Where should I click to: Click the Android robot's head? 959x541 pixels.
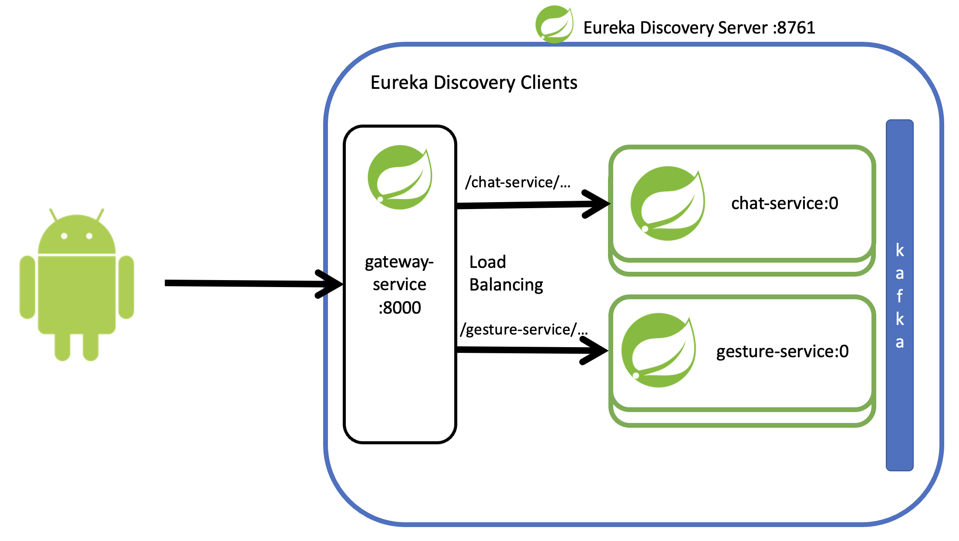click(x=77, y=235)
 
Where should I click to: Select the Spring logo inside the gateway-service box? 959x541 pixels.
click(x=400, y=177)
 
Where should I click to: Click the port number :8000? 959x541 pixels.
click(x=399, y=308)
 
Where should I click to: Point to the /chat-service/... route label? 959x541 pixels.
click(x=517, y=182)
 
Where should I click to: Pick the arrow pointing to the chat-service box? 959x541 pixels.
click(x=531, y=205)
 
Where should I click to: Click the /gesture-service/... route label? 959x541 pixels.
click(x=523, y=329)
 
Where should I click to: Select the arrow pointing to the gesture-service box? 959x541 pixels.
click(x=531, y=350)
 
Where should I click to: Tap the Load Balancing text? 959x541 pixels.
click(x=506, y=273)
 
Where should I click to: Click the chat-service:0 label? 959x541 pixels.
click(x=784, y=203)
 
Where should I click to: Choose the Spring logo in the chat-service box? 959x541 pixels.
click(x=667, y=203)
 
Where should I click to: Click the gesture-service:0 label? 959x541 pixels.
click(x=782, y=351)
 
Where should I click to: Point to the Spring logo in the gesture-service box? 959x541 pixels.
click(x=658, y=350)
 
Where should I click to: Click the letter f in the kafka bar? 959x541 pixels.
click(x=899, y=296)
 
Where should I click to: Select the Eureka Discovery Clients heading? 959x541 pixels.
click(x=473, y=82)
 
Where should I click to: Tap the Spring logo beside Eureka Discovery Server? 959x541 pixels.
click(x=554, y=24)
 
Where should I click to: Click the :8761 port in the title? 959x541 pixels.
click(x=794, y=28)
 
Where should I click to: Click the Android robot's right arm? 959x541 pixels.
click(x=126, y=287)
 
